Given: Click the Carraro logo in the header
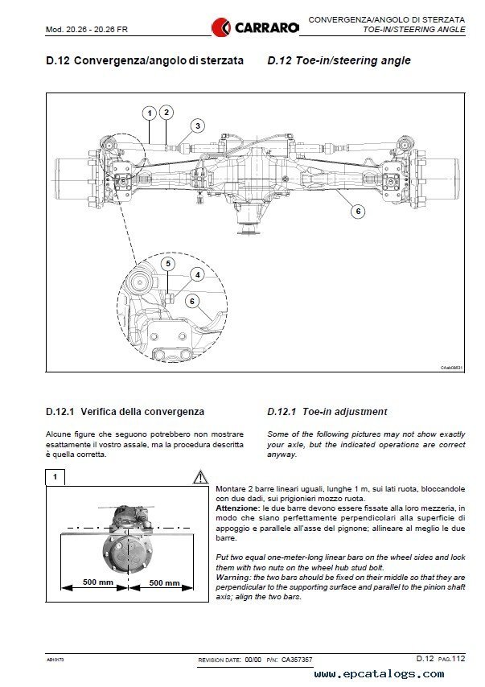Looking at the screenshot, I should (x=255, y=27).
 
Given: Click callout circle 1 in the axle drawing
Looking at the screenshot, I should (x=150, y=113).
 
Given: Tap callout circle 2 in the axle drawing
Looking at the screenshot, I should (x=166, y=113).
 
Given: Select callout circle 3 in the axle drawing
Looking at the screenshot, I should (x=197, y=125).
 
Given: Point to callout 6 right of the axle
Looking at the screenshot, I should (x=359, y=212).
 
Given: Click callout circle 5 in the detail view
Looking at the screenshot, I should (x=168, y=263).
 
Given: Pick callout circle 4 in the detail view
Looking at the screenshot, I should (x=197, y=274).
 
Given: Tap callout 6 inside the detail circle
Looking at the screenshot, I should (x=191, y=300).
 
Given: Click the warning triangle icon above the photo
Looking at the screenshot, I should (x=200, y=477).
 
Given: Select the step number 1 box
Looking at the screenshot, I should (x=55, y=477).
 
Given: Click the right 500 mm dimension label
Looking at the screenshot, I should (x=165, y=582).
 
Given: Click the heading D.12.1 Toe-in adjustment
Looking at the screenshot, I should (x=327, y=412).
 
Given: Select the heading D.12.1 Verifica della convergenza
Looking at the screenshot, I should (x=125, y=412).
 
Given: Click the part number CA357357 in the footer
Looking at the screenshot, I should (x=297, y=660).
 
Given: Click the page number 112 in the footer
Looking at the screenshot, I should (x=458, y=659).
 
